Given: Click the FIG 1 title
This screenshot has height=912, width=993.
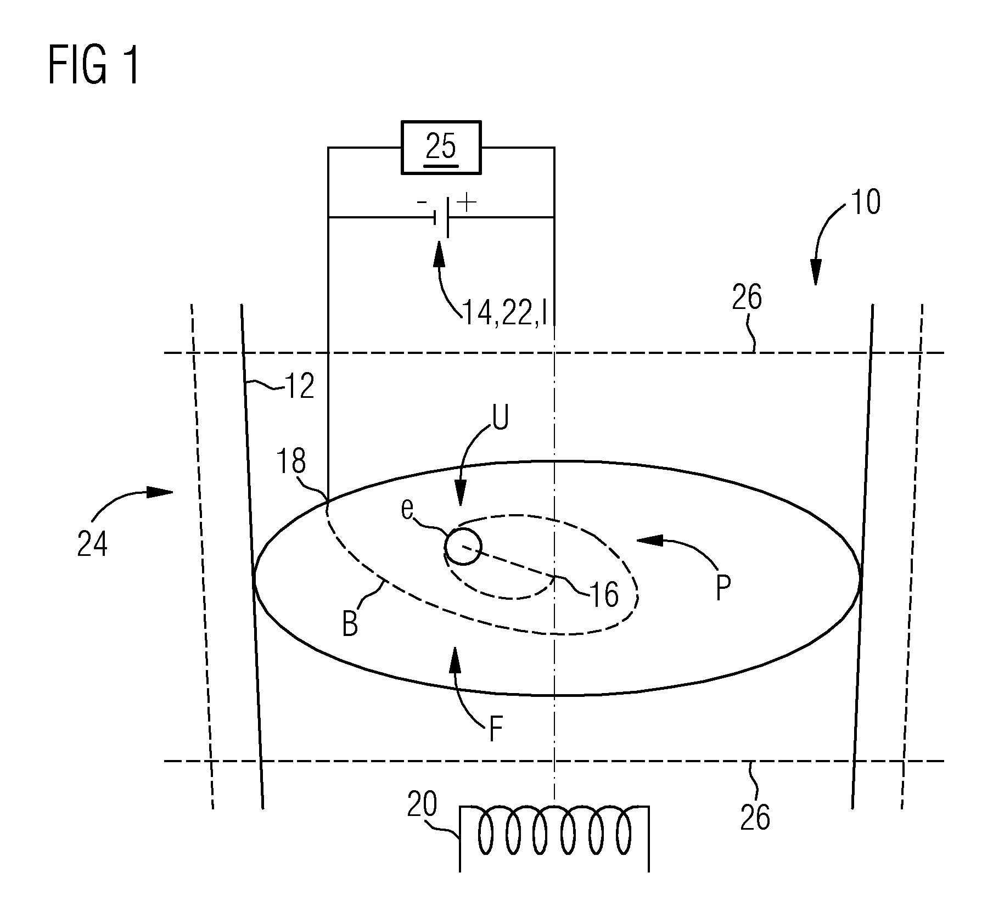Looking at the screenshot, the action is click(x=94, y=65).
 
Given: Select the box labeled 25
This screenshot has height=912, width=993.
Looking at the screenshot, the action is click(x=441, y=148).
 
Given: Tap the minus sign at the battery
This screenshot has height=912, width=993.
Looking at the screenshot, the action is click(x=422, y=202).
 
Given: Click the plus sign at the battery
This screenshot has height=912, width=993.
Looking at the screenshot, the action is click(x=467, y=202).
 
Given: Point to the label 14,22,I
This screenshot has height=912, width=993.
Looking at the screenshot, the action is click(x=508, y=313).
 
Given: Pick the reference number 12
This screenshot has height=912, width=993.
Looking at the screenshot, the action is click(x=300, y=387).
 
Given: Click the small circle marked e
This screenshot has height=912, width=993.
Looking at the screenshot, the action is click(x=463, y=547).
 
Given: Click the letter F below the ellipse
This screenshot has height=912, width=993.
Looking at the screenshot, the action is click(x=496, y=731).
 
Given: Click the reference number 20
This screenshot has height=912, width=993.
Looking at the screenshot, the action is click(x=422, y=806).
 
